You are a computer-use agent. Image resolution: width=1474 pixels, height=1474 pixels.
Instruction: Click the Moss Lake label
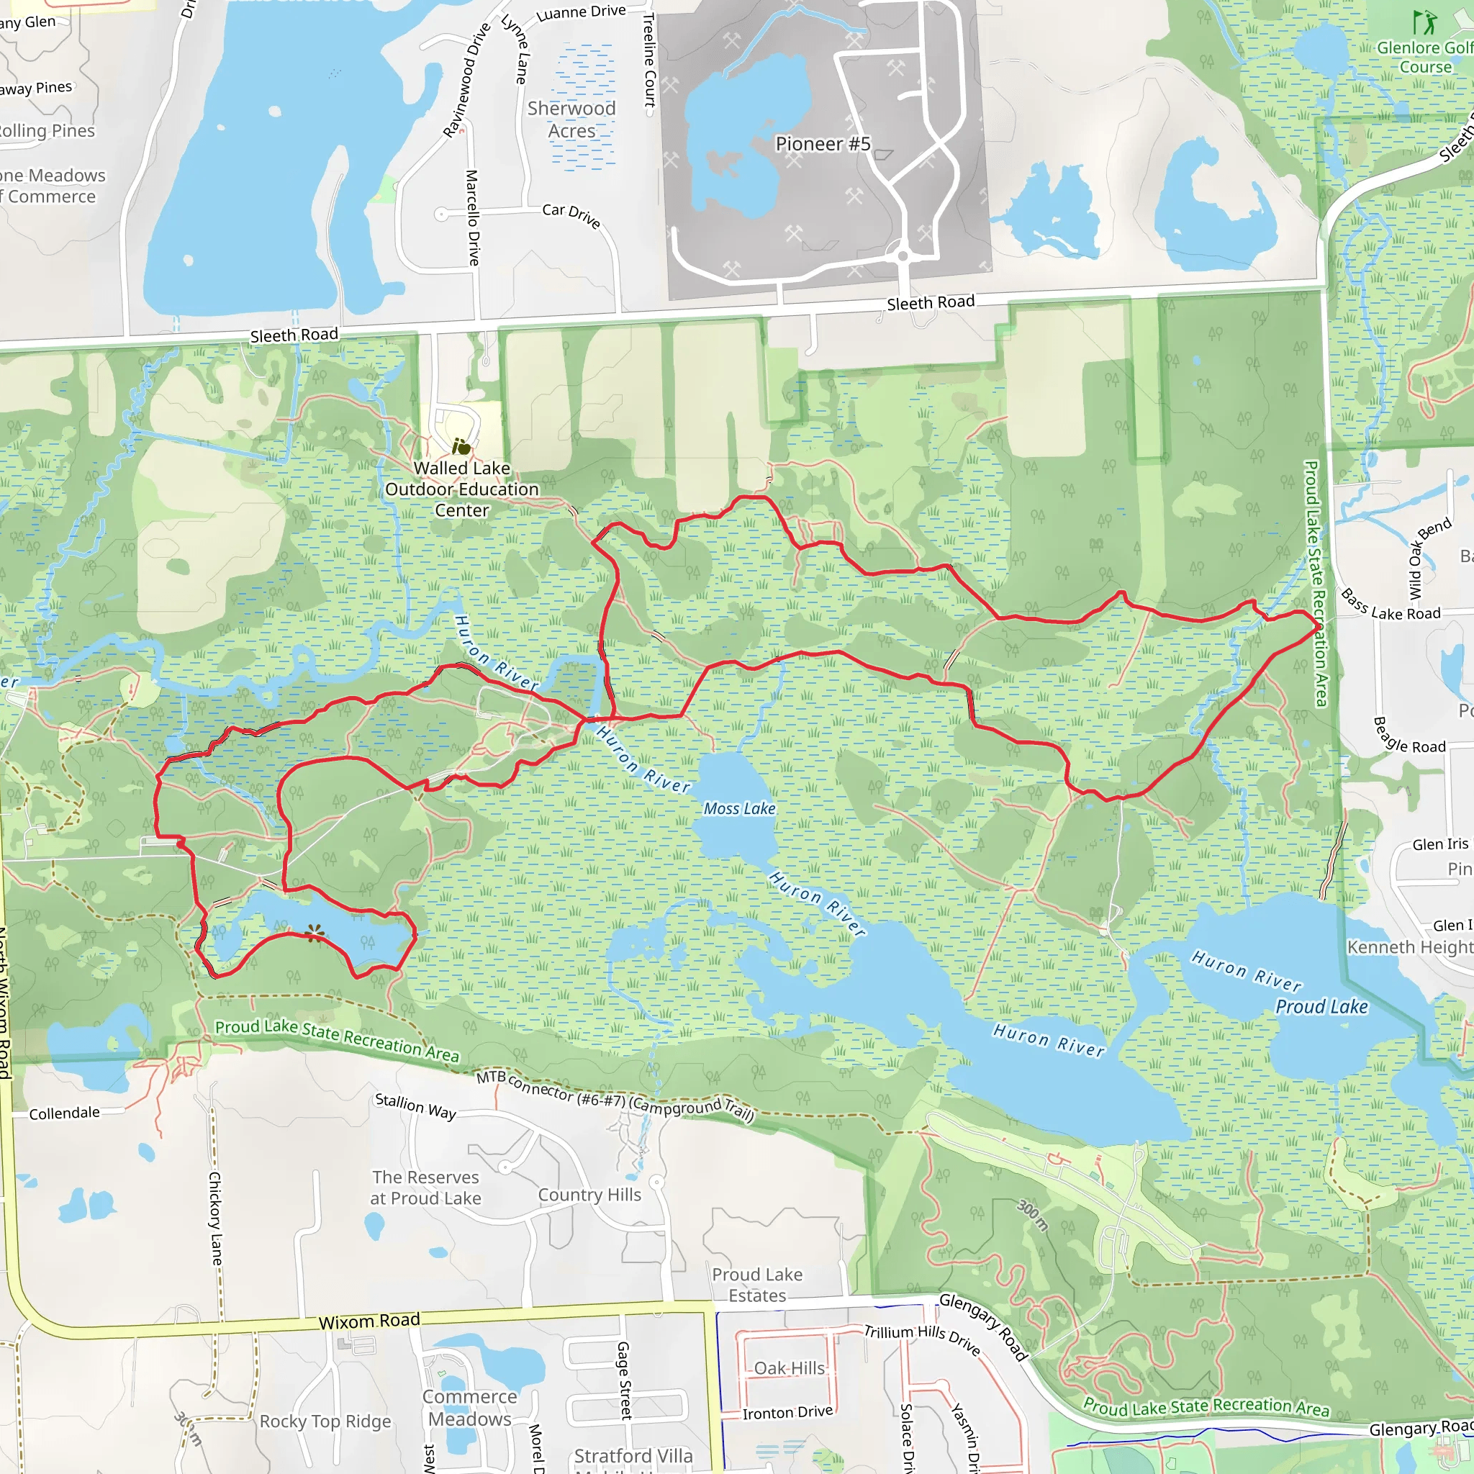(x=739, y=809)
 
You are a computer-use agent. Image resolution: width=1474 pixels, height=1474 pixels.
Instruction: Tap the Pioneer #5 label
(x=823, y=144)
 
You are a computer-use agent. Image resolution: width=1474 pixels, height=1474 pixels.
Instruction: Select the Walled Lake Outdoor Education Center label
(x=461, y=489)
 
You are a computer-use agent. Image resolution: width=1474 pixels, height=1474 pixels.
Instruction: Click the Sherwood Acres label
(x=571, y=119)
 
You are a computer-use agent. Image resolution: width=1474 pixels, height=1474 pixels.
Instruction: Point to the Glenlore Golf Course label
(x=1424, y=58)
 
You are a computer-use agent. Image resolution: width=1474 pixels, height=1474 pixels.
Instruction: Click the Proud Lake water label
(x=1321, y=1007)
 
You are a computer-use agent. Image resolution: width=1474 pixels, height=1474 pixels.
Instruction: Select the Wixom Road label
(x=369, y=1321)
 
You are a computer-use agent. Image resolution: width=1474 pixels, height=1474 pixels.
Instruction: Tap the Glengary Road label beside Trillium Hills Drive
(x=983, y=1326)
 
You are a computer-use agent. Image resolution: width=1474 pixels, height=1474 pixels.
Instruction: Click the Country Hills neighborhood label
(x=589, y=1195)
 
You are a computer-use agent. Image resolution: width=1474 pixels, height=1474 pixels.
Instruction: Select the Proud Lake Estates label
(x=757, y=1285)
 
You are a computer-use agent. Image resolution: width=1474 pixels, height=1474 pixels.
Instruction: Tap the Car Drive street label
(x=571, y=214)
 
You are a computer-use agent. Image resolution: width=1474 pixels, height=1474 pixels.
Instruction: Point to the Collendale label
(x=65, y=1113)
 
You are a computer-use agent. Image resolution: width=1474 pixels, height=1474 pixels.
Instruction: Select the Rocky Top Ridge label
(x=325, y=1421)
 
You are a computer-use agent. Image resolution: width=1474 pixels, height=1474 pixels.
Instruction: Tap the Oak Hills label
(x=790, y=1368)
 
